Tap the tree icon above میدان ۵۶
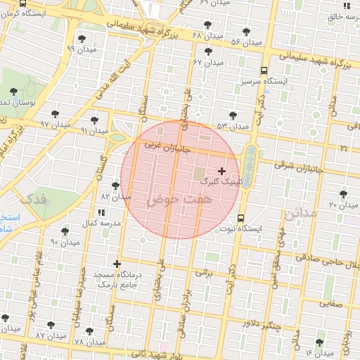(x=246, y=32)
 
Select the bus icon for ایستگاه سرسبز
(x=264, y=70)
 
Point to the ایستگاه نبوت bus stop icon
(x=241, y=217)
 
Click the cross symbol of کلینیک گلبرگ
(x=222, y=171)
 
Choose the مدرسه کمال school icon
(x=102, y=212)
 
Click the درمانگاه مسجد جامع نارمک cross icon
(x=117, y=264)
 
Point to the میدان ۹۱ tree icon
(x=94, y=120)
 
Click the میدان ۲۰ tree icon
(x=343, y=194)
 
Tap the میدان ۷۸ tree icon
(x=89, y=331)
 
